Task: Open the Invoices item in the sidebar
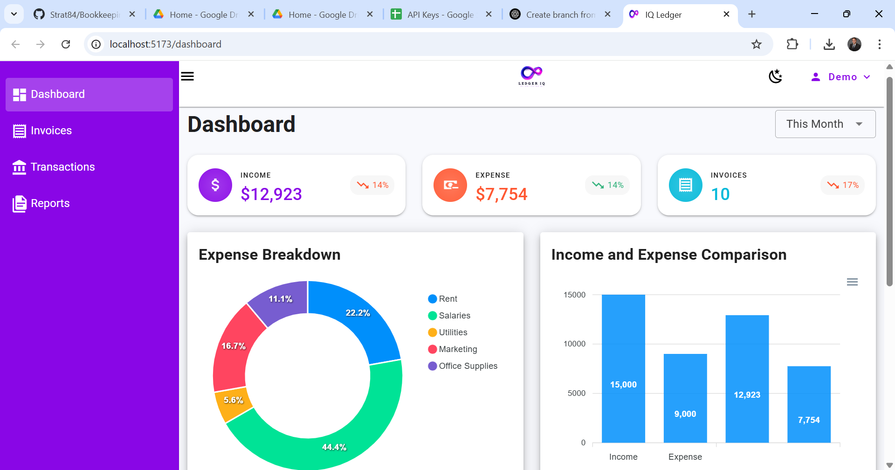point(51,131)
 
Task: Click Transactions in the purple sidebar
point(62,167)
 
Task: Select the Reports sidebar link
point(50,203)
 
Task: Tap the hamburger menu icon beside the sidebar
point(187,76)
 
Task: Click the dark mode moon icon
point(775,76)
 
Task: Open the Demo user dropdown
point(841,77)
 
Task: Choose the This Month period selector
point(825,124)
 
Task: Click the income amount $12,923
point(271,194)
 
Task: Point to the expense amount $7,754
point(502,194)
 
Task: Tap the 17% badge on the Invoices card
point(843,185)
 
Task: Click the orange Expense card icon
point(450,185)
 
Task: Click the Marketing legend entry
point(458,349)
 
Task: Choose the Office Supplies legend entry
point(468,366)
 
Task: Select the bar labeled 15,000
point(623,368)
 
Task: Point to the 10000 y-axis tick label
point(574,344)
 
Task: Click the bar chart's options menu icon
point(852,282)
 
